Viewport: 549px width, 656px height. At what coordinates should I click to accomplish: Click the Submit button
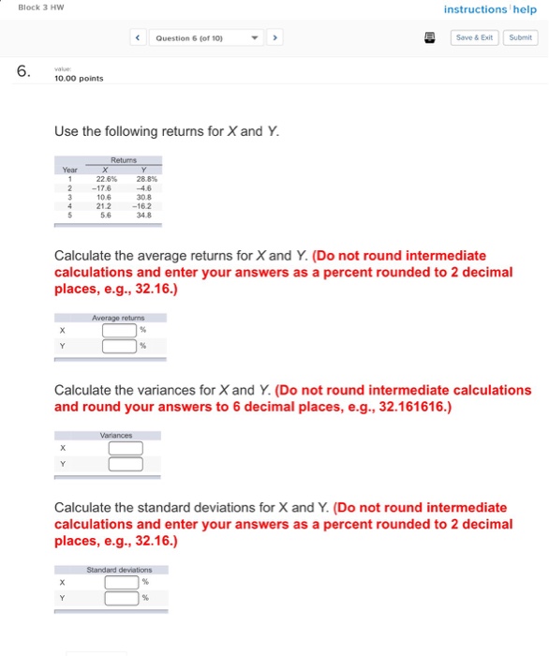521,38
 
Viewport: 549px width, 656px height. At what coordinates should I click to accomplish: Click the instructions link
474,10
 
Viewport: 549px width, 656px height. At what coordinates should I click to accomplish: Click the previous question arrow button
139,38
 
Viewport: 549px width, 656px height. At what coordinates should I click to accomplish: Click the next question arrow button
274,38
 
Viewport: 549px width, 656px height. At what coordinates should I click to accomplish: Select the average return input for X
121,330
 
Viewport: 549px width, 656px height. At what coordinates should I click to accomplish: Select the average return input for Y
121,346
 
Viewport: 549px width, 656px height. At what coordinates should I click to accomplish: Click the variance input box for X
126,448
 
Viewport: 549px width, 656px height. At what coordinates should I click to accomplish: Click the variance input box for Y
126,464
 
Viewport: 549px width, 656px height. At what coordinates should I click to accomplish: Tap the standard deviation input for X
121,582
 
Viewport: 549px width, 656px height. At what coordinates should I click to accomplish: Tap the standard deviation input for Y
121,598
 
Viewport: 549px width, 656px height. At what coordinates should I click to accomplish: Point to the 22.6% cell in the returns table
106,179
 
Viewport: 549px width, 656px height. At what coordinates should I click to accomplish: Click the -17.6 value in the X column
104,188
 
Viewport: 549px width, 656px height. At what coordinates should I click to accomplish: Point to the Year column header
69,170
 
